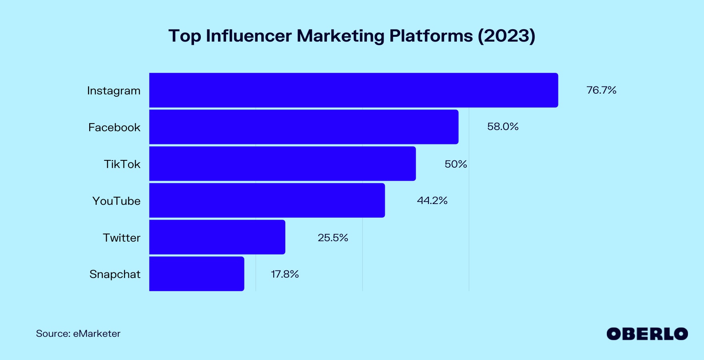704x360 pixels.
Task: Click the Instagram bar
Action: coord(354,90)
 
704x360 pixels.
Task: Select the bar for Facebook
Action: coord(304,127)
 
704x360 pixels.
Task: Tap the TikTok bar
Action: coord(282,164)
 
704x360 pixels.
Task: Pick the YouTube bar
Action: coord(267,200)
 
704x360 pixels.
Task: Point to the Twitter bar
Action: coord(217,237)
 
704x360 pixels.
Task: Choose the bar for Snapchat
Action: coord(196,274)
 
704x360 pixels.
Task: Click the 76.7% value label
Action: coord(601,90)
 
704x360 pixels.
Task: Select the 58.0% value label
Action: coord(503,127)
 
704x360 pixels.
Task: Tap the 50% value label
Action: coord(456,164)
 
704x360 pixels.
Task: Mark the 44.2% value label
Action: coord(432,200)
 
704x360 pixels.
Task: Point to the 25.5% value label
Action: coord(333,238)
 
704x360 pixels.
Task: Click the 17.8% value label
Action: coord(285,274)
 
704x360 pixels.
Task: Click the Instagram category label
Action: coord(114,91)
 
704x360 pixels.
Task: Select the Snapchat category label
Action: coord(115,274)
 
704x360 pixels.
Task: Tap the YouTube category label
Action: coord(116,201)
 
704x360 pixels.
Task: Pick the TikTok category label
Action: coord(122,164)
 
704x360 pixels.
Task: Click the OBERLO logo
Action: coord(647,334)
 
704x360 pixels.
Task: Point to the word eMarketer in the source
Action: coord(96,334)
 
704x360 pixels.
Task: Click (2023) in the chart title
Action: coord(506,36)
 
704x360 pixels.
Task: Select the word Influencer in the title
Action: coord(248,36)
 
